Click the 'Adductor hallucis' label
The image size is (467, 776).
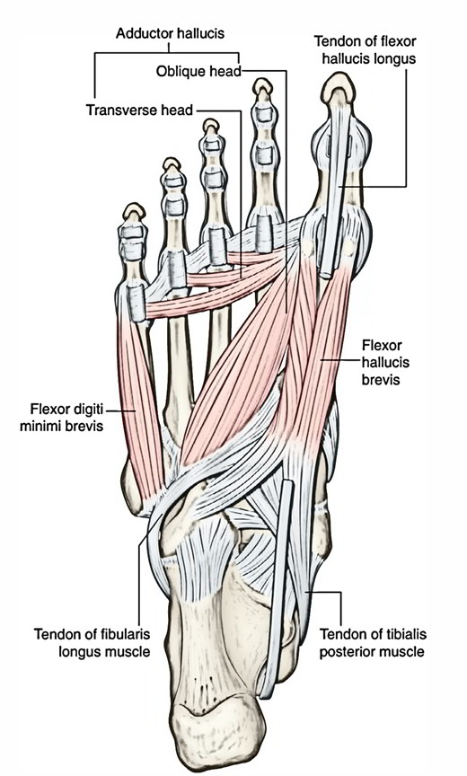pyautogui.click(x=170, y=33)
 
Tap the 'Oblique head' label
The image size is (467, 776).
pyautogui.click(x=198, y=71)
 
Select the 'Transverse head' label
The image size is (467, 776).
pyautogui.click(x=139, y=110)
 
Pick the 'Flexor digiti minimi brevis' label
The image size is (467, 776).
pyautogui.click(x=61, y=418)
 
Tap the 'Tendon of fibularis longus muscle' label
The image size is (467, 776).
pyautogui.click(x=92, y=642)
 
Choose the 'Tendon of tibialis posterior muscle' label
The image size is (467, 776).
pyautogui.click(x=373, y=642)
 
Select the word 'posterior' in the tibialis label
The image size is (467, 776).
pyautogui.click(x=344, y=651)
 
